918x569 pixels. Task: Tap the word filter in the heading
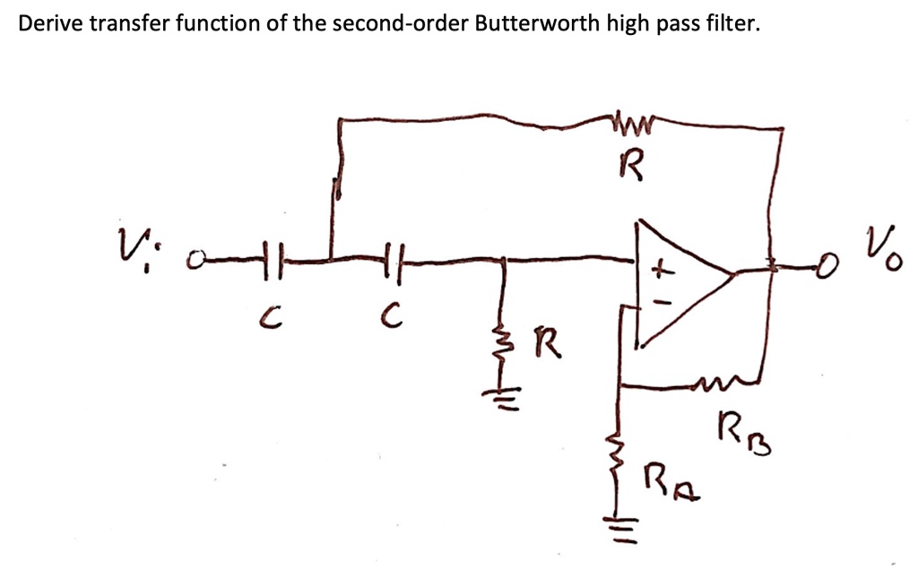(x=732, y=23)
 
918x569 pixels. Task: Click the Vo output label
(x=879, y=242)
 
